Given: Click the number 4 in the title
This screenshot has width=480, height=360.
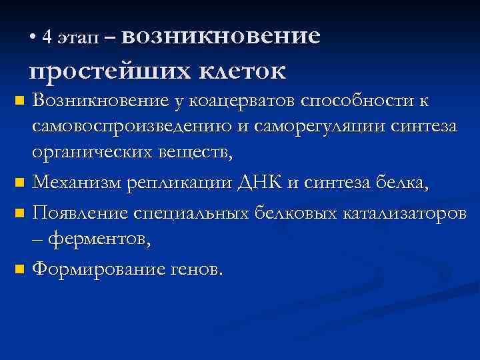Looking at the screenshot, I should point(46,37).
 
